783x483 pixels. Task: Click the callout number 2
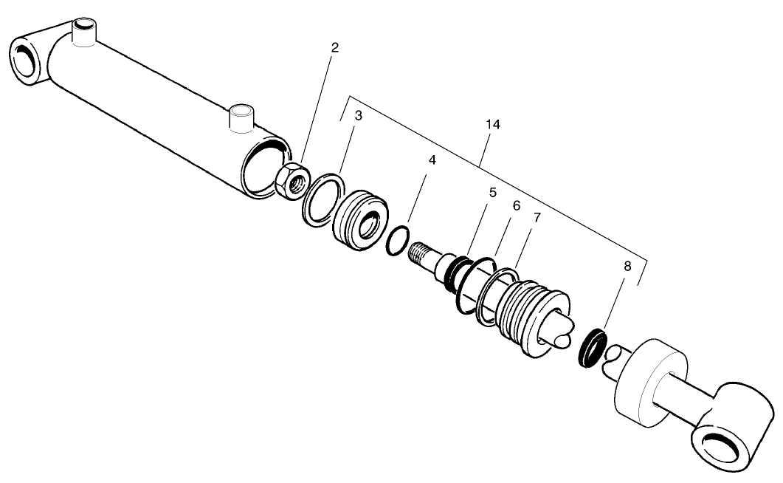tap(335, 48)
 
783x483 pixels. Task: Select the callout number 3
tap(359, 116)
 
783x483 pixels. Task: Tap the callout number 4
tap(432, 160)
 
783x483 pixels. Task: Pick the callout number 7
tap(537, 218)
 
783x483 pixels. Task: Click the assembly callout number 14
tap(493, 125)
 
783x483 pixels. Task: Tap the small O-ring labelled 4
tap(396, 240)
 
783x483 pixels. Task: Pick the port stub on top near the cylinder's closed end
tap(85, 33)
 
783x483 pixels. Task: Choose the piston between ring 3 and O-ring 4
tap(359, 219)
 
